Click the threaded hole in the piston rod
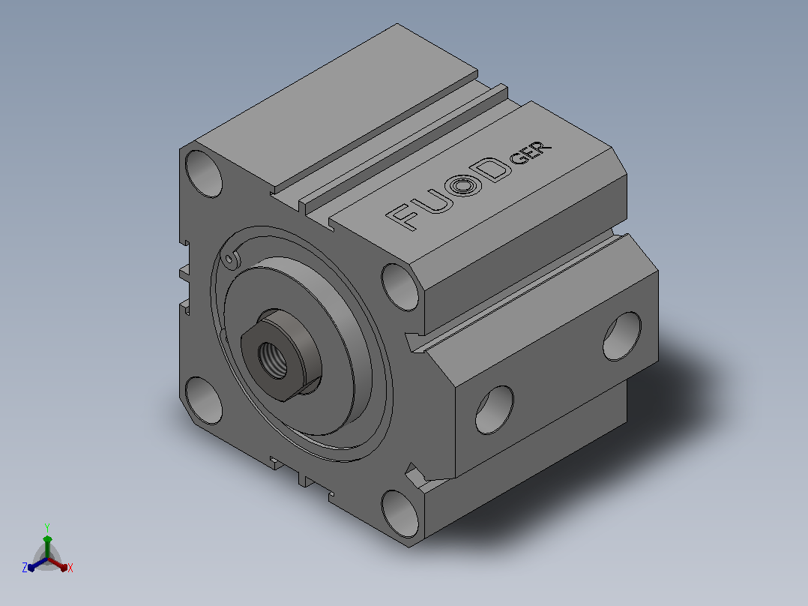[273, 360]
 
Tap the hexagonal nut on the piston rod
[281, 355]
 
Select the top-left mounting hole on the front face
[204, 174]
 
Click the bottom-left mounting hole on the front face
[204, 400]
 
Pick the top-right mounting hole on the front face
[400, 287]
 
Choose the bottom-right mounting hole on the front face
[400, 514]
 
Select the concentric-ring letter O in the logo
[463, 184]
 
